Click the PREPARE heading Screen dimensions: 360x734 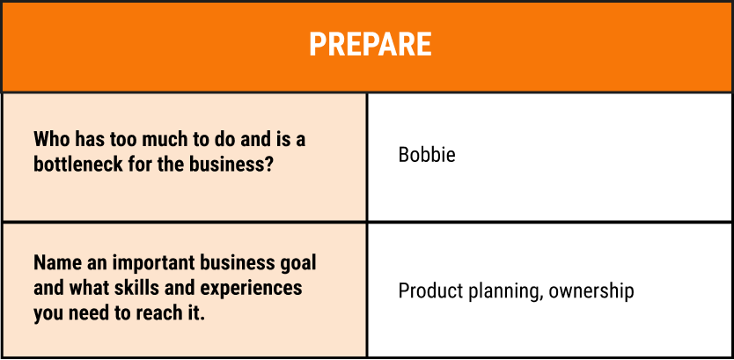[370, 44]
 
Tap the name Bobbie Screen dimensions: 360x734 [427, 156]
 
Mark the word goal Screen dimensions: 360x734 [297, 263]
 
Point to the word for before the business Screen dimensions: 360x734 [151, 165]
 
